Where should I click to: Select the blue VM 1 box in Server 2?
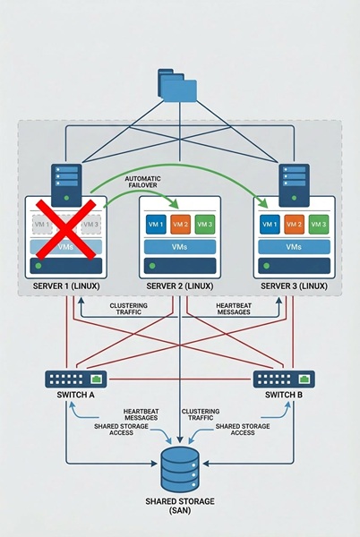click(x=156, y=224)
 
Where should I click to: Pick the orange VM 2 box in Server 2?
click(x=180, y=224)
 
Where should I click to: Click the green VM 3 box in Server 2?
click(x=204, y=224)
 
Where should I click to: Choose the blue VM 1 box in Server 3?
click(x=270, y=224)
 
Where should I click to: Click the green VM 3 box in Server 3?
click(x=318, y=224)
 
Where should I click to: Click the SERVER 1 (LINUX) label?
click(x=65, y=286)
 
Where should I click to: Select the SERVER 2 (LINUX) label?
click(x=180, y=286)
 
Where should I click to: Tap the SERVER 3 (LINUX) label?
click(x=295, y=286)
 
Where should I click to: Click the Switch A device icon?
click(x=76, y=379)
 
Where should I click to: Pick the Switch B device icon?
click(x=284, y=379)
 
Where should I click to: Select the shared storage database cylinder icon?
click(x=180, y=465)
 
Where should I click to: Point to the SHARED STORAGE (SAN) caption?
click(x=180, y=506)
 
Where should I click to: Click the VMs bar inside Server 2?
click(x=180, y=245)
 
